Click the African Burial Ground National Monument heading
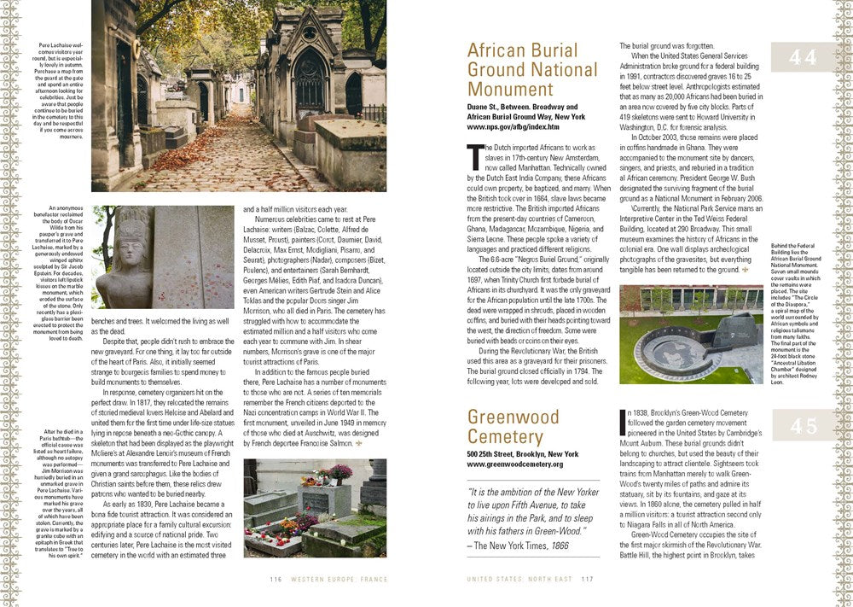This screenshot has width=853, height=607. [x=522, y=69]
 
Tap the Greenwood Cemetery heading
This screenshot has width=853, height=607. [x=514, y=426]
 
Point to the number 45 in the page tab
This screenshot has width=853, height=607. [x=803, y=425]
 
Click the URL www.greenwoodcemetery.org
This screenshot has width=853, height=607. [x=514, y=464]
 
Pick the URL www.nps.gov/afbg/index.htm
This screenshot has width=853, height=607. [x=513, y=126]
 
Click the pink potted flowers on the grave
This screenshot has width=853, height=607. [x=340, y=472]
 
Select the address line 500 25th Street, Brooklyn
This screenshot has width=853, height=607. [x=522, y=453]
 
